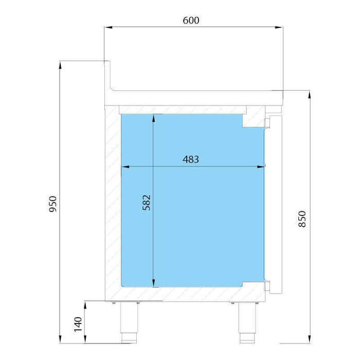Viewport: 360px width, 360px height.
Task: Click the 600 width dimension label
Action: click(191, 21)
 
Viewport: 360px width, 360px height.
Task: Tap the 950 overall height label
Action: click(53, 204)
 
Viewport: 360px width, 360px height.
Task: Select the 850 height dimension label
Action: click(302, 219)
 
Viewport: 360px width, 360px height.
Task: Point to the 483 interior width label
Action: click(191, 159)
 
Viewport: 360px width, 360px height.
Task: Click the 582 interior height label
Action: click(147, 203)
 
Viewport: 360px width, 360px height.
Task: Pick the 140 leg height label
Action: click(78, 325)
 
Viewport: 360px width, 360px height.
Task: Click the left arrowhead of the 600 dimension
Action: click(109, 27)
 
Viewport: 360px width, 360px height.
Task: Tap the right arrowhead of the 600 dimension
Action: click(279, 27)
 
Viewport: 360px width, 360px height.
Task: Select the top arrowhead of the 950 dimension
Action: click(60, 65)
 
